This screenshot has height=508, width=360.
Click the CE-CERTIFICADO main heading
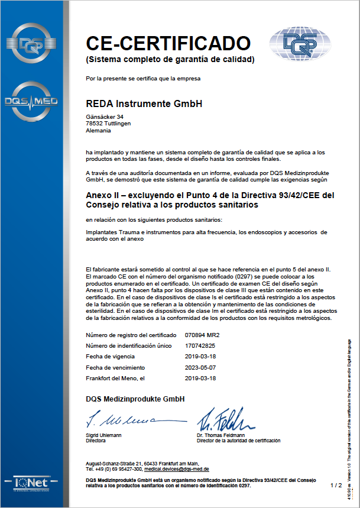click(168, 43)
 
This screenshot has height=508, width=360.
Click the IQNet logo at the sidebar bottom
click(31, 482)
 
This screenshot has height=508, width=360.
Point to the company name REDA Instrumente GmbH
click(144, 103)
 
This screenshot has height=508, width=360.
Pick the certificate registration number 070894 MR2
click(202, 335)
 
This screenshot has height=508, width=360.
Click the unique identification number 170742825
click(200, 346)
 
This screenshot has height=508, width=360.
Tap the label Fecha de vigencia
click(111, 357)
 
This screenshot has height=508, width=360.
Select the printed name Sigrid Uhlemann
click(105, 435)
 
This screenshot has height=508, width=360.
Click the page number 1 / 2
click(336, 485)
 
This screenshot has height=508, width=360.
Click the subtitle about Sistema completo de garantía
click(170, 60)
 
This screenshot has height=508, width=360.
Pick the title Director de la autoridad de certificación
click(239, 441)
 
